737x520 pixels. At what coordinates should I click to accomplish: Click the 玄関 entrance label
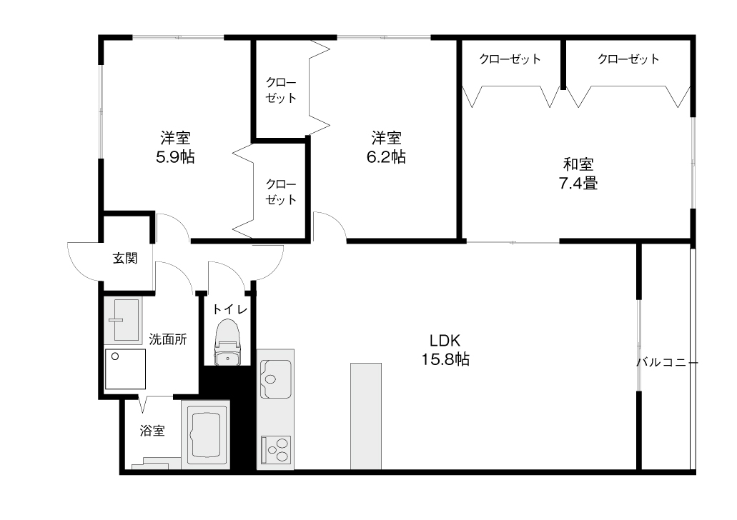coord(125,258)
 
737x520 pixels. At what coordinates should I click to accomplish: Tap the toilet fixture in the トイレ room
coord(228,342)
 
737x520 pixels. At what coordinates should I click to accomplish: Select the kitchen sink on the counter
coord(275,379)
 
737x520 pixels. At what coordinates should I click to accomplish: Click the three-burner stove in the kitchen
coord(277,449)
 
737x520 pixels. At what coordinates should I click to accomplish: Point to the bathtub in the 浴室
coord(206,434)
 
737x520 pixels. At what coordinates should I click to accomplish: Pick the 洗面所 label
coord(168,339)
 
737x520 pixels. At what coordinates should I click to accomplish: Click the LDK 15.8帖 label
coord(445,350)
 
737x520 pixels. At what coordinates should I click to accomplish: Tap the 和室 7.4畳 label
coord(578,174)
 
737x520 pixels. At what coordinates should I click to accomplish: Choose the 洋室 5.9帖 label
coord(175,147)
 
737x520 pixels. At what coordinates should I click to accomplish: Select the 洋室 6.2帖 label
coord(386,147)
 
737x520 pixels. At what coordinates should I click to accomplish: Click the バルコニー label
coord(668,363)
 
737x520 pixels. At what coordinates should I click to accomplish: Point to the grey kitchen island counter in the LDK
coord(366,416)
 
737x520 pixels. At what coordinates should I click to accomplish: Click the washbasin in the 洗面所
coord(123,320)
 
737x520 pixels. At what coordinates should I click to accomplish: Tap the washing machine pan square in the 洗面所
coord(125,369)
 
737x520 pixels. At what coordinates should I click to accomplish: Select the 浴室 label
coord(152,430)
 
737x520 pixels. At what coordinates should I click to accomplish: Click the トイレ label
coord(230,309)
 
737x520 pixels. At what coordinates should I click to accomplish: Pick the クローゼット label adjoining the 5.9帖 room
coord(281,191)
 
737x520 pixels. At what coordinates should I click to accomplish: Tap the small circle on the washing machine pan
coord(115,356)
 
